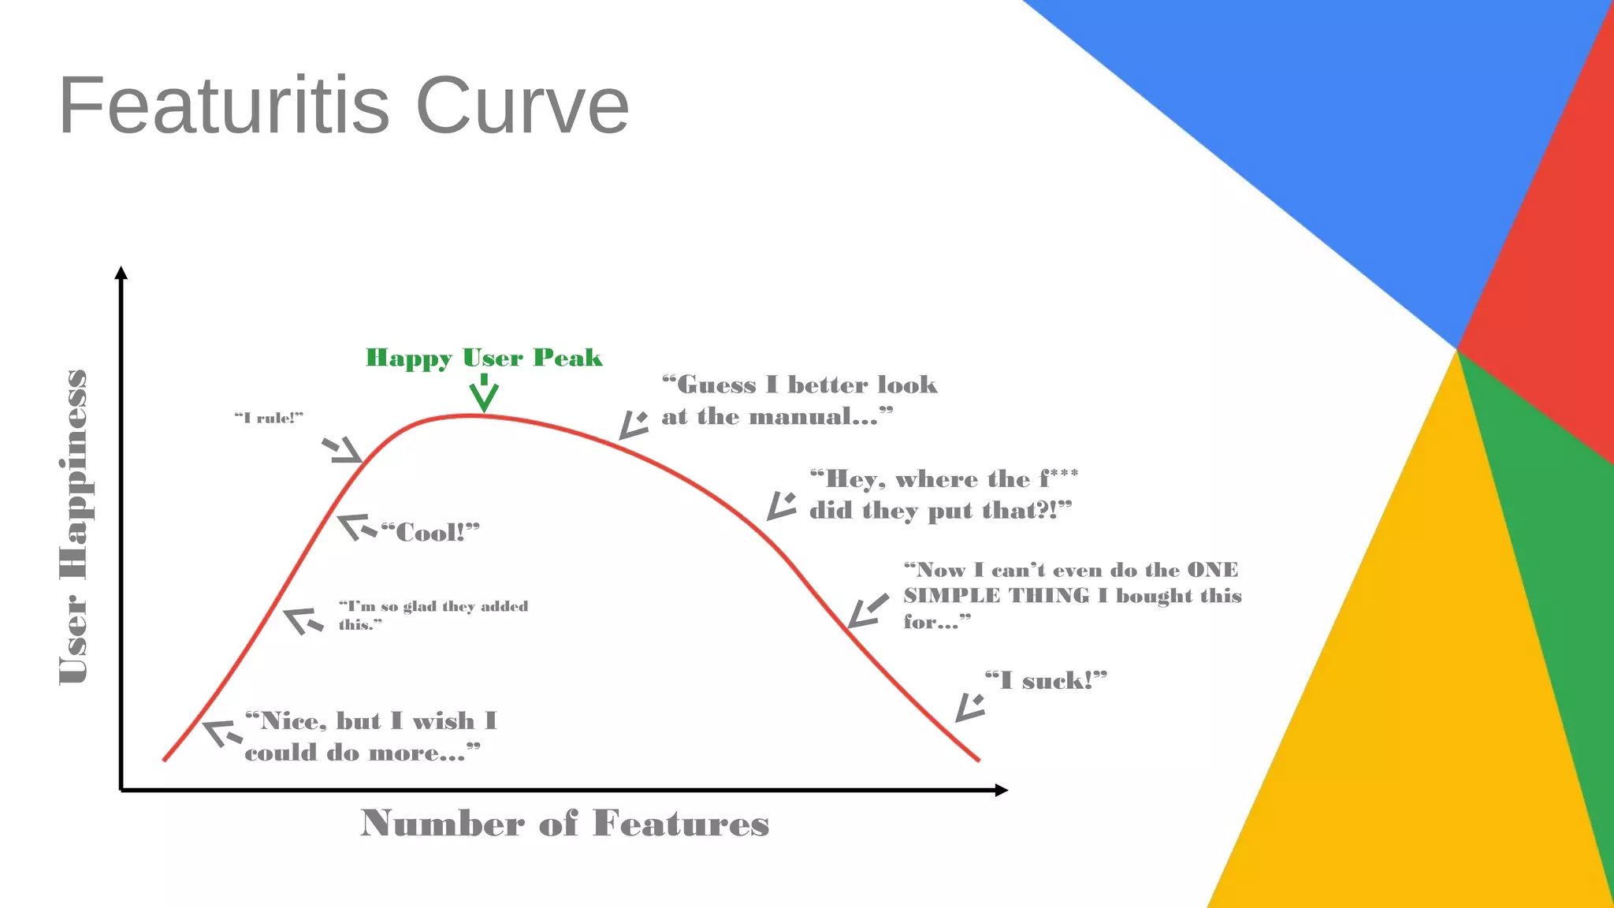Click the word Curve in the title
pyautogui.click(x=522, y=106)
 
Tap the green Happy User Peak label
pyautogui.click(x=484, y=358)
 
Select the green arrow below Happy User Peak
pyautogui.click(x=484, y=394)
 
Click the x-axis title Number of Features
pyautogui.click(x=564, y=823)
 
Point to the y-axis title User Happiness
pyautogui.click(x=73, y=527)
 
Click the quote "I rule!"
pyautogui.click(x=269, y=418)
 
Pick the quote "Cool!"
pyautogui.click(x=430, y=533)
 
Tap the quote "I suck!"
pyautogui.click(x=1046, y=680)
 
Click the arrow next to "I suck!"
pyautogui.click(x=970, y=707)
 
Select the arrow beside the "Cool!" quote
pyautogui.click(x=356, y=527)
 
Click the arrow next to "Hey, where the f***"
pyautogui.click(x=782, y=506)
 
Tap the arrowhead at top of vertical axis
pyautogui.click(x=121, y=273)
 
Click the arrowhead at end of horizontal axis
pyautogui.click(x=1002, y=790)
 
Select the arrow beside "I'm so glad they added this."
pyautogui.click(x=303, y=620)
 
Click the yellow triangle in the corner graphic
pyautogui.click(x=1411, y=709)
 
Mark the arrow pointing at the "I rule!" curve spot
pyautogui.click(x=343, y=450)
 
